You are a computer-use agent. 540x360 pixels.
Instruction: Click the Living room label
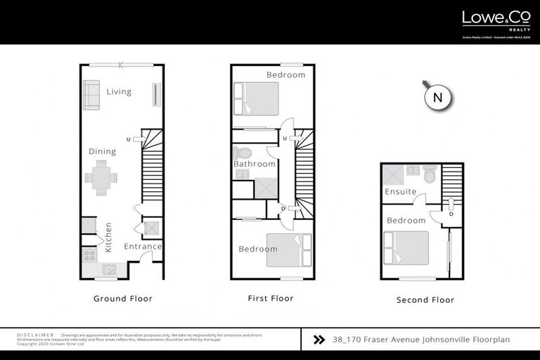pos(119,91)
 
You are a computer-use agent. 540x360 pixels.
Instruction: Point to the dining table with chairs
pos(102,178)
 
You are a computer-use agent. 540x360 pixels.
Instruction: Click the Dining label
pos(102,151)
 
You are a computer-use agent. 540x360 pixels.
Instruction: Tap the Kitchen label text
pos(108,237)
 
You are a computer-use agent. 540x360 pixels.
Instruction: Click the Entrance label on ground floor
pos(143,246)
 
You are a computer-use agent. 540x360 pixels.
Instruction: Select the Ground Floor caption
pos(123,298)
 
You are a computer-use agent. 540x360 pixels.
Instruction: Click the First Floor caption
pos(271,298)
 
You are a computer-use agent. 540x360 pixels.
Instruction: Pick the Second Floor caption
pos(425,300)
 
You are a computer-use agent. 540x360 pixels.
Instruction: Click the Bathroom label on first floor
pos(255,164)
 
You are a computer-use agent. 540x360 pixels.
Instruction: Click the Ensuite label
pos(401,191)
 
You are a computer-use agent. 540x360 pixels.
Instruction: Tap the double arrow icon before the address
pos(319,340)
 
